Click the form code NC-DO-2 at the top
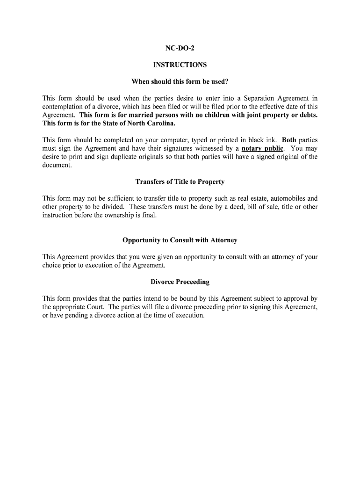pos(180,49)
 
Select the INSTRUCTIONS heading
pos(180,65)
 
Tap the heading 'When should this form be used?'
pos(180,81)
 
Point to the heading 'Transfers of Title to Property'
pos(180,181)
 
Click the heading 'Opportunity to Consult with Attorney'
pos(180,240)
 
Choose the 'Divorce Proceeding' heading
pos(180,282)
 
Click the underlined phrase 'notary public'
pos(262,149)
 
